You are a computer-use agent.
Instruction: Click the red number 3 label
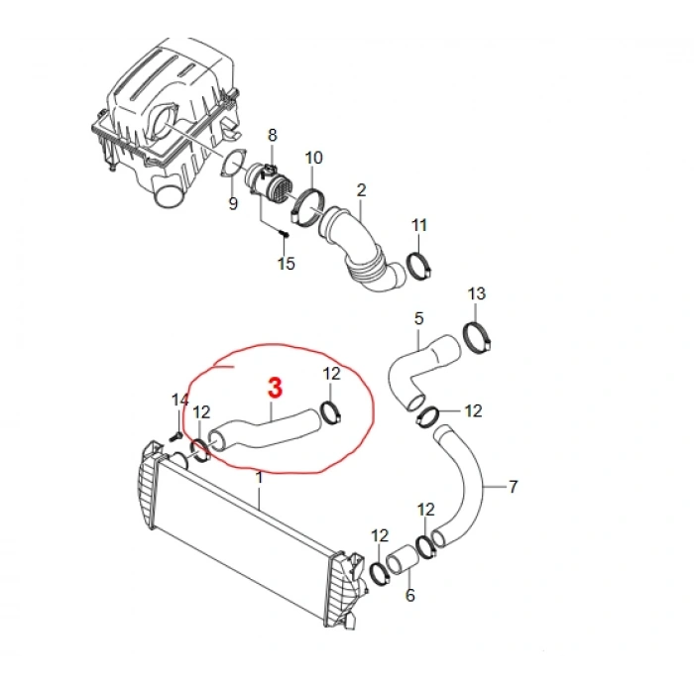click(x=275, y=388)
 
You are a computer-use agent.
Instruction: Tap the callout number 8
click(x=273, y=135)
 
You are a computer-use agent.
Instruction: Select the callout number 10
click(x=314, y=158)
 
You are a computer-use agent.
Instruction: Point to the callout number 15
click(x=286, y=264)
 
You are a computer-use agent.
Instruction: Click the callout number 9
click(x=233, y=203)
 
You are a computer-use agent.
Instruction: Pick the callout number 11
click(x=419, y=225)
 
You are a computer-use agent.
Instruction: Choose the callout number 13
click(x=477, y=293)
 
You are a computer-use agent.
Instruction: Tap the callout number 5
click(x=418, y=318)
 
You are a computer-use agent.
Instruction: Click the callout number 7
click(x=513, y=487)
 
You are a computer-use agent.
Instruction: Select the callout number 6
click(x=410, y=595)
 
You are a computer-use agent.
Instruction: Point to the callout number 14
click(x=180, y=401)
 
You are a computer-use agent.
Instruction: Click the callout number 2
click(x=362, y=190)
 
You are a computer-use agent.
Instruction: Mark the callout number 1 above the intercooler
click(x=260, y=478)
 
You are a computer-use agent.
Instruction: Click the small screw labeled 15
click(x=286, y=233)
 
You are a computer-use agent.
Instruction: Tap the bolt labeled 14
click(x=175, y=437)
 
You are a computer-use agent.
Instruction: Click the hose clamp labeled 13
click(x=477, y=338)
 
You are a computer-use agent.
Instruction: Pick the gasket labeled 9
click(x=233, y=165)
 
